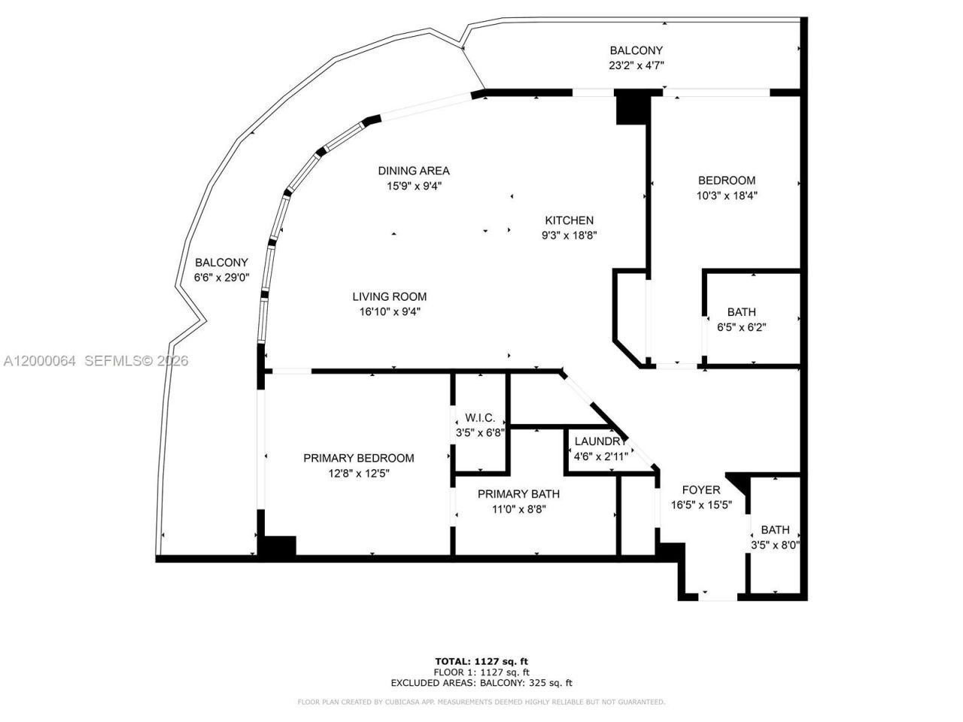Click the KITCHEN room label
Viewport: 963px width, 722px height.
[570, 220]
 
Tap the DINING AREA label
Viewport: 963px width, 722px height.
[414, 171]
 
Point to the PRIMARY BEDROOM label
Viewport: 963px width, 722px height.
[359, 458]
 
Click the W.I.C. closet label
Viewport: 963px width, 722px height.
[479, 417]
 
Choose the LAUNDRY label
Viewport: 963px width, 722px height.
[600, 441]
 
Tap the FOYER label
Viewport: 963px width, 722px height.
[701, 490]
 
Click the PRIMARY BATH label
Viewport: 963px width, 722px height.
[518, 494]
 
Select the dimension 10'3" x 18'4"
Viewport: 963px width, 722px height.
[727, 196]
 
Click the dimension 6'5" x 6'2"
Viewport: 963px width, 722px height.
[742, 327]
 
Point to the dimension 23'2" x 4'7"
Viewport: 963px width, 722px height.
[636, 65]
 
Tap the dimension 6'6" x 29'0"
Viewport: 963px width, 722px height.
[221, 278]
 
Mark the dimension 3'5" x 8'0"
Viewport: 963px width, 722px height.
[775, 545]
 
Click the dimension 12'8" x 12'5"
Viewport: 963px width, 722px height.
[359, 473]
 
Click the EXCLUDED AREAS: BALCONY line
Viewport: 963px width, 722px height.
[481, 683]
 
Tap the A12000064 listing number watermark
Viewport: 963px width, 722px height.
[39, 361]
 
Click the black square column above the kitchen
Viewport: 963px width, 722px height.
[631, 107]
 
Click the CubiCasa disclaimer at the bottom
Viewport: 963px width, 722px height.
[481, 702]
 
